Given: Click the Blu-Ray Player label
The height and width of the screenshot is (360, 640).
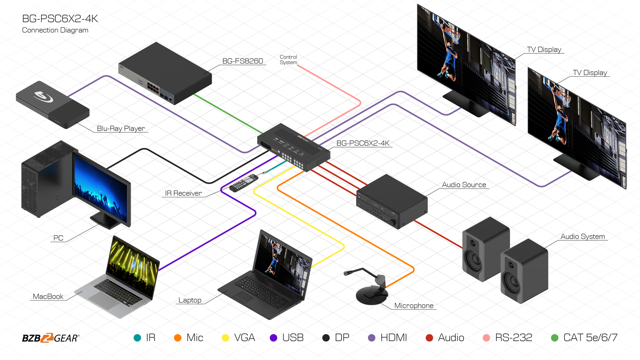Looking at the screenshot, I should [121, 128].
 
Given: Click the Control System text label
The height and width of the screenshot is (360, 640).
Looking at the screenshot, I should [288, 60].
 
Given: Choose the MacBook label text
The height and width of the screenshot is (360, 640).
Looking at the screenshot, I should [48, 296].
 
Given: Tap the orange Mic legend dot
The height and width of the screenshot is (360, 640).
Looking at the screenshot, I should [178, 338].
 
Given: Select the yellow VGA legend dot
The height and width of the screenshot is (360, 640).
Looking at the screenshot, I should [225, 338].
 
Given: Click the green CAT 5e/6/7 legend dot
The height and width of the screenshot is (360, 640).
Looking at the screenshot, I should [555, 338].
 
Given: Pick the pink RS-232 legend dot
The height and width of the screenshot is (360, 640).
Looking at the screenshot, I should [486, 338].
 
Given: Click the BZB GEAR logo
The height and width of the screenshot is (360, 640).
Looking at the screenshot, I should [50, 338].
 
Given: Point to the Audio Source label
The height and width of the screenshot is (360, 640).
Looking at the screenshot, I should [464, 185].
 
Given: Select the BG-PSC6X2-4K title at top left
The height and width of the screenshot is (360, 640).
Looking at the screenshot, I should [60, 19].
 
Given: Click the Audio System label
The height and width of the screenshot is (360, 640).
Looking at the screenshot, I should [582, 237].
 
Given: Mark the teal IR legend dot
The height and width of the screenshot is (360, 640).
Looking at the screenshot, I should [137, 338].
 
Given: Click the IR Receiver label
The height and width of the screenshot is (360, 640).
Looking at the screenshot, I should [183, 193].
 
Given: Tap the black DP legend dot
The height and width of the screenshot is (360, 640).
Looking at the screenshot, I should [326, 338].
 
